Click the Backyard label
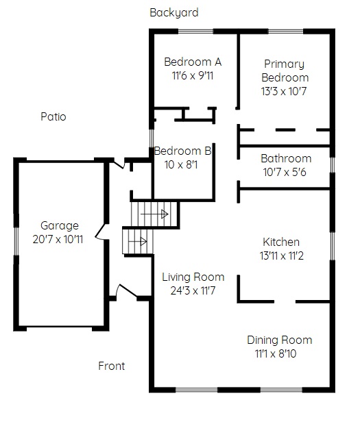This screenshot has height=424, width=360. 174,13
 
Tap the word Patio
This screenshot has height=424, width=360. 53,116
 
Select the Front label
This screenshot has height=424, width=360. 112,366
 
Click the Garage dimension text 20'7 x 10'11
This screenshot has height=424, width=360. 58,239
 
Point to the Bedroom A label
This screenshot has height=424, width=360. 193,62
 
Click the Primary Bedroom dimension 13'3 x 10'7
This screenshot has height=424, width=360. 284,91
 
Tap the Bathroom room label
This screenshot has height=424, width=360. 286,158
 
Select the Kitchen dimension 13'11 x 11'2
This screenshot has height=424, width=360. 282,255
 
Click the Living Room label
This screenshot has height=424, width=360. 193,277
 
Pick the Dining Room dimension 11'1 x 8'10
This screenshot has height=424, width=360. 276,353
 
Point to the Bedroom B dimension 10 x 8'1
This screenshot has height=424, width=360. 181,164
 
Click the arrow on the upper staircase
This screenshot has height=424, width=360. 154,214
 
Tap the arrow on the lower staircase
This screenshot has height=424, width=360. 138,242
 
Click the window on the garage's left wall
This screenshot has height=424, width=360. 16,241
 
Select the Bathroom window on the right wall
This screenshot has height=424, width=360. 333,165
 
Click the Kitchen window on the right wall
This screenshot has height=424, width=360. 333,246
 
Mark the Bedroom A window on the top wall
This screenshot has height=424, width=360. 195,32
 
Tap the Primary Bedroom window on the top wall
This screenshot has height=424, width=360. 285,32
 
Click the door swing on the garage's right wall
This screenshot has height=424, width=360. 101,232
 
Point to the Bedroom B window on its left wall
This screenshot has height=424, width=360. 152,138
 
